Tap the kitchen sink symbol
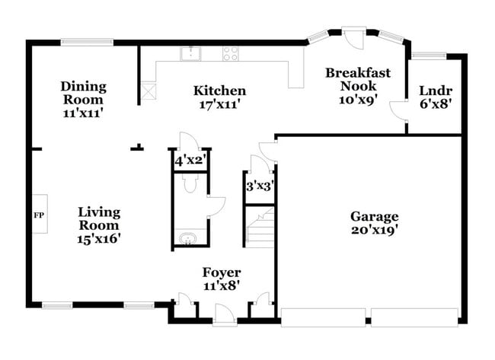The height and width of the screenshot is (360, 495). tap(190, 53)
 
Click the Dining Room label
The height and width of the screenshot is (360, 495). tap(84, 93)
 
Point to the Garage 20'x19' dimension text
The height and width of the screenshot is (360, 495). tap(374, 228)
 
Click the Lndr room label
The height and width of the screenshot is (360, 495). tap(435, 91)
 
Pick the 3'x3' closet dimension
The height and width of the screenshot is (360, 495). tap(259, 184)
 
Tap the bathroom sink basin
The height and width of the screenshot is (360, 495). tap(187, 240)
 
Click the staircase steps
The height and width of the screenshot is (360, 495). tap(260, 228)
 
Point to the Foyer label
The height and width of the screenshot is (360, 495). tap(221, 272)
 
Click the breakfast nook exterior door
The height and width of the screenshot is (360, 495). tap(353, 38)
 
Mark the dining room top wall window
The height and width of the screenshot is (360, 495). tap(83, 43)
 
